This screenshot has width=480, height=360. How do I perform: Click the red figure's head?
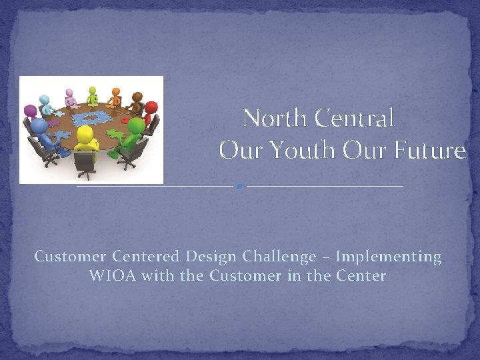click(x=151, y=107)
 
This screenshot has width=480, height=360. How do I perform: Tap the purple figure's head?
click(x=30, y=111)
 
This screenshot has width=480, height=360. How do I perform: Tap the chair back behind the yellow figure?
click(x=85, y=162)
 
